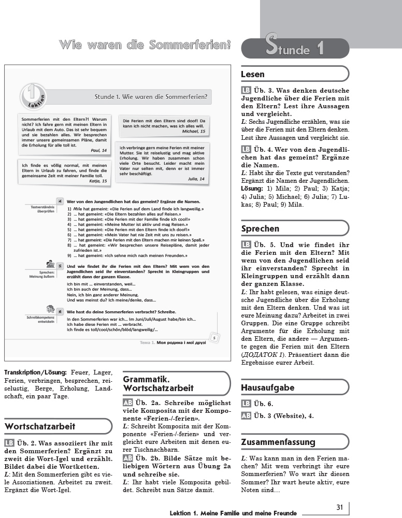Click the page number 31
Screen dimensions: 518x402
(x=340, y=507)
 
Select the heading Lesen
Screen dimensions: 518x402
(x=253, y=75)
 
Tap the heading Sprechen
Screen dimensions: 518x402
(x=260, y=228)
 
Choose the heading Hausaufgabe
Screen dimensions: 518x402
(x=267, y=387)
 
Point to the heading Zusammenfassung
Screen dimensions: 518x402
(x=278, y=442)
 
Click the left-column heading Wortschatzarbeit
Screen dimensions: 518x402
(x=40, y=426)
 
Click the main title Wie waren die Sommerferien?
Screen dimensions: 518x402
(x=145, y=45)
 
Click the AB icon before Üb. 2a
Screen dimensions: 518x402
(x=128, y=402)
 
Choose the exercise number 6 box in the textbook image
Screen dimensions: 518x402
(x=60, y=312)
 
